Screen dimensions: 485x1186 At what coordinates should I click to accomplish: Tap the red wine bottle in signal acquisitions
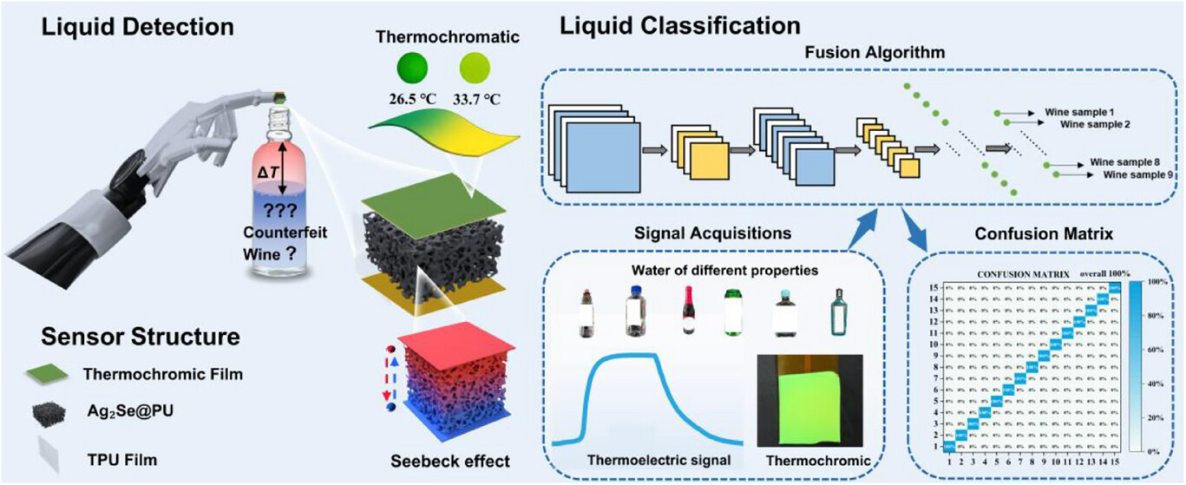pyautogui.click(x=685, y=311)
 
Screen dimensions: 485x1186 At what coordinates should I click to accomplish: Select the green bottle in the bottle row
pyautogui.click(x=734, y=311)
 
